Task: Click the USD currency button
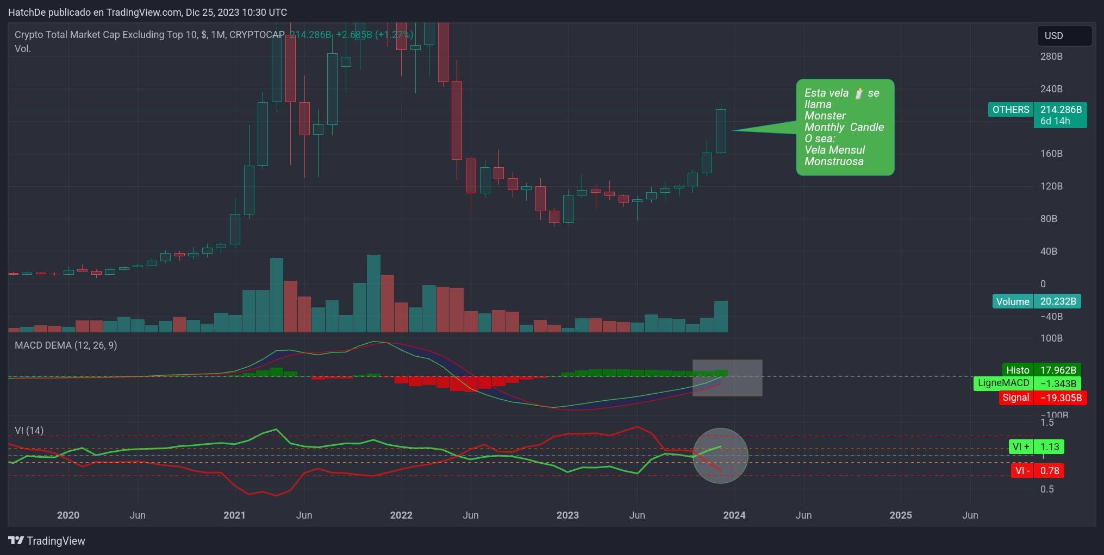tap(1064, 36)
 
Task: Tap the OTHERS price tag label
tap(1011, 110)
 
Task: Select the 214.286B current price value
tap(1061, 110)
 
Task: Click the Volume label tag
tap(1012, 301)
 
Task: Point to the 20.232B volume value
tap(1058, 301)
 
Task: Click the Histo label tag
tap(1018, 370)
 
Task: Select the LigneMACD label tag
tap(1003, 383)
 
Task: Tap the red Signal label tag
tap(1015, 398)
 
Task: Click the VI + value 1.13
tap(1049, 447)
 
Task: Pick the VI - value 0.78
tap(1049, 471)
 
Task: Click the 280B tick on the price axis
tap(1051, 56)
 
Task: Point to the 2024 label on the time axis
tap(734, 515)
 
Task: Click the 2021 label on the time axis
tap(234, 515)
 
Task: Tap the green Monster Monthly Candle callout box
tap(845, 127)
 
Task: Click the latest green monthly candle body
tap(721, 131)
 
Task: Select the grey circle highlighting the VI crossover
tap(721, 456)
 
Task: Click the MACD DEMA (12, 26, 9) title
tap(66, 345)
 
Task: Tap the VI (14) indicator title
tap(29, 431)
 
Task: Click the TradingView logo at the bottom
tap(47, 541)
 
